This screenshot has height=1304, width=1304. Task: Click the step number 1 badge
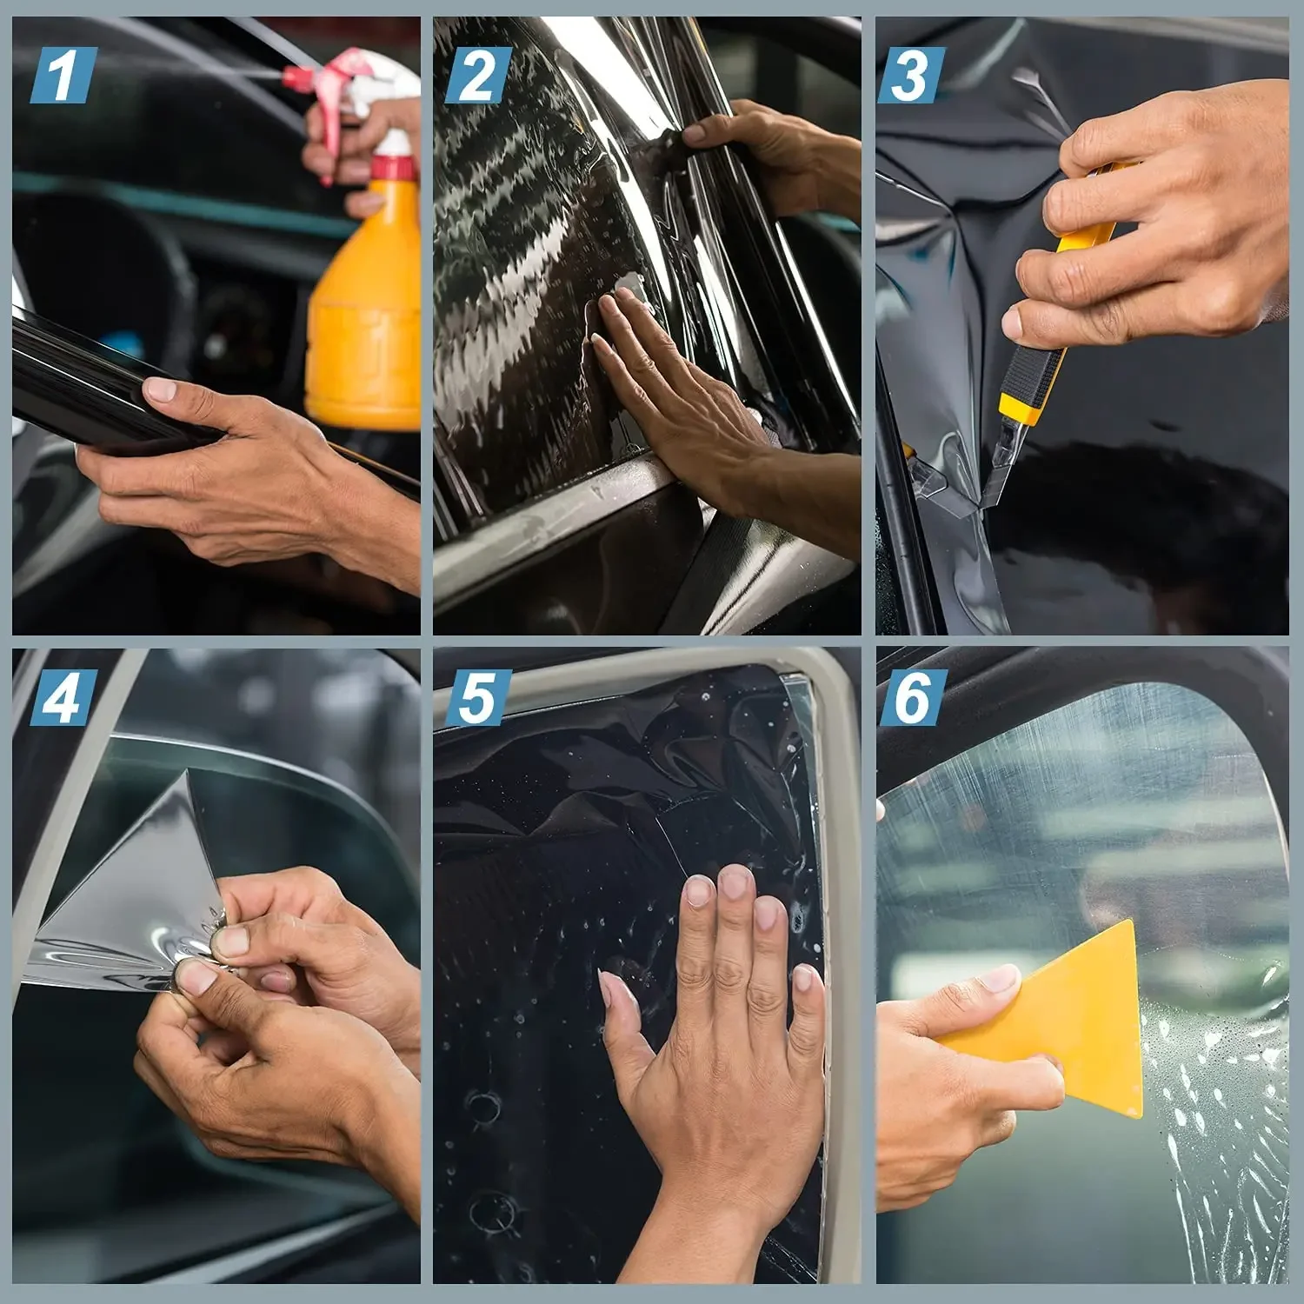[x=63, y=76]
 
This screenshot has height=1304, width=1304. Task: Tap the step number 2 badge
[x=477, y=76]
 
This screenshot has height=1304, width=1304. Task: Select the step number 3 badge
[x=910, y=76]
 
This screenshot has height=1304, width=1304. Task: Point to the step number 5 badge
[x=477, y=698]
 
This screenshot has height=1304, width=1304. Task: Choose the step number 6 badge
[x=910, y=698]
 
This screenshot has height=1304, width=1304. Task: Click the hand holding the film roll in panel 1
[x=235, y=469]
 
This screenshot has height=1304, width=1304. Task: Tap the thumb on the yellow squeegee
[x=991, y=987]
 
